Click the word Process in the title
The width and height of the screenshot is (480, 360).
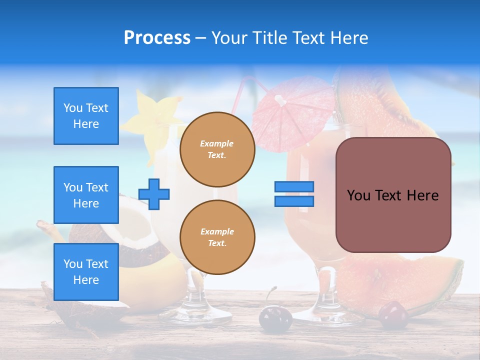click(157, 38)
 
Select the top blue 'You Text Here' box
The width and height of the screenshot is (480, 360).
click(86, 116)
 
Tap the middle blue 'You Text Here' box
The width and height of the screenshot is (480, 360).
click(86, 195)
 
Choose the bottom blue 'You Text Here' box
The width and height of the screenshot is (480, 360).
click(86, 272)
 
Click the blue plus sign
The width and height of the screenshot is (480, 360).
click(154, 194)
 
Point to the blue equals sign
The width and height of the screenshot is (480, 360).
click(294, 194)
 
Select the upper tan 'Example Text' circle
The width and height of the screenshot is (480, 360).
click(217, 149)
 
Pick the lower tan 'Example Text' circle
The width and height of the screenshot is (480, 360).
click(217, 237)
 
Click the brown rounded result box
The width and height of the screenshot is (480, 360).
click(393, 195)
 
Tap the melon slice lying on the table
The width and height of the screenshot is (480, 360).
click(400, 280)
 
